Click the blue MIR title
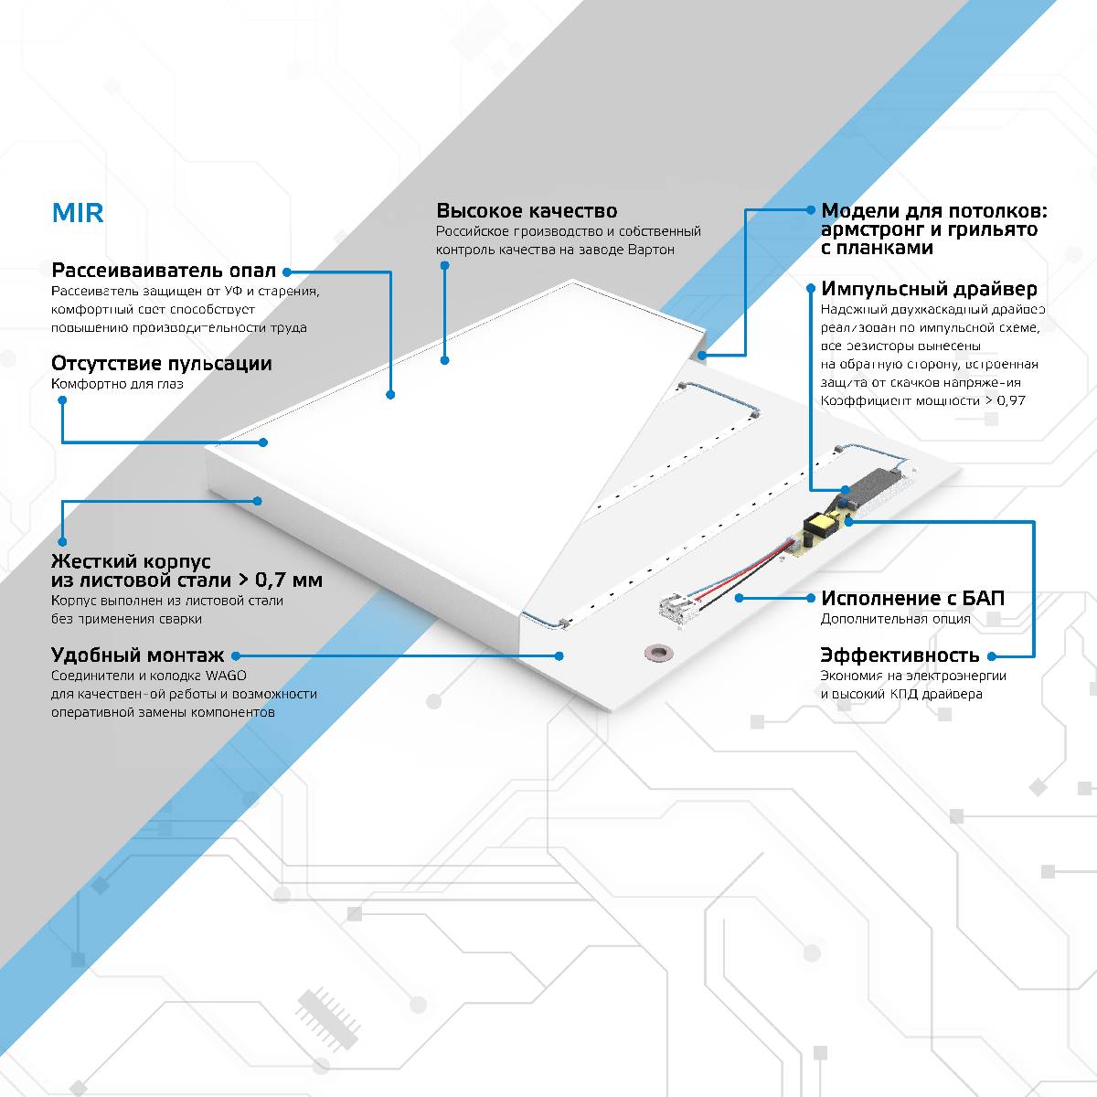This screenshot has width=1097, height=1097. pos(78,213)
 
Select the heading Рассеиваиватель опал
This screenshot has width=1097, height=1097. pos(164,271)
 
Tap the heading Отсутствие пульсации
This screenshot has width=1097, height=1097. pos(162,363)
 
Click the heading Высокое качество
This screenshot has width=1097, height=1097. pos(526,211)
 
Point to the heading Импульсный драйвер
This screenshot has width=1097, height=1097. pos(929,289)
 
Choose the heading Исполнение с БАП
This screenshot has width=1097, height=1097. pos(912,598)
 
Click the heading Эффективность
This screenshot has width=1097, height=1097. pos(900,655)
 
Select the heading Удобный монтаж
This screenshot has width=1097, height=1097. pos(137,655)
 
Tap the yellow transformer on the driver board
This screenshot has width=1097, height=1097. pos(819,526)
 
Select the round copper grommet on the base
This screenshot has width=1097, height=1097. pos(656,652)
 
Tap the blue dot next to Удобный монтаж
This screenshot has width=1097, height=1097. pos(235,655)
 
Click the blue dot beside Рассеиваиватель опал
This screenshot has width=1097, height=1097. pos(286,272)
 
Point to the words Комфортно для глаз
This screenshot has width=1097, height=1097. pos(117,384)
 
